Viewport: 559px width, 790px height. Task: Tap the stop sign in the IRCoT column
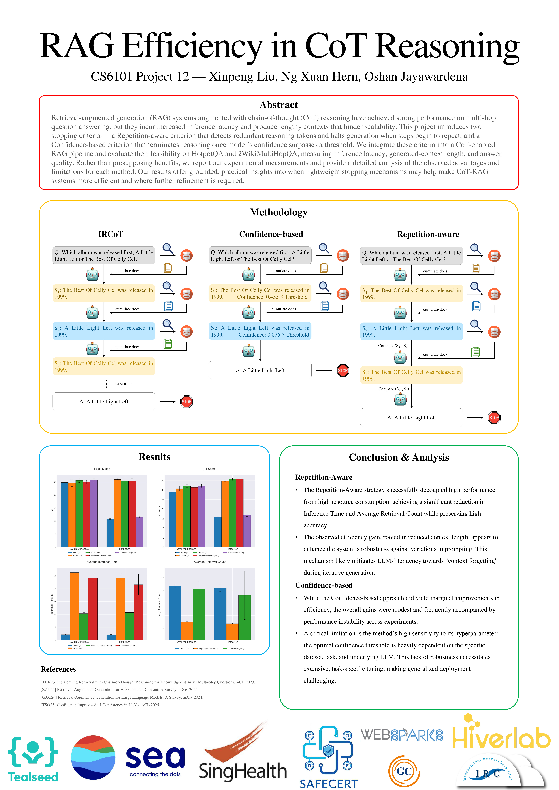(x=186, y=401)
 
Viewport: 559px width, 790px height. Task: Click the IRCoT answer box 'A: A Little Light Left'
(x=104, y=401)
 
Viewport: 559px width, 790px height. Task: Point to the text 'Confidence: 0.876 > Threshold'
(x=274, y=335)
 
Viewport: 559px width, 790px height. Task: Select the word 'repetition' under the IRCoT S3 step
(x=123, y=384)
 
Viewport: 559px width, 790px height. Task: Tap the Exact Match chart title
(x=102, y=469)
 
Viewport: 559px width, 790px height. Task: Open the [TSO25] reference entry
(x=100, y=705)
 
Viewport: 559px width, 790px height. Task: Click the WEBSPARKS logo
(x=402, y=735)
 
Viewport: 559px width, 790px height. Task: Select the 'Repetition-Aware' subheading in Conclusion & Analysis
(x=324, y=477)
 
